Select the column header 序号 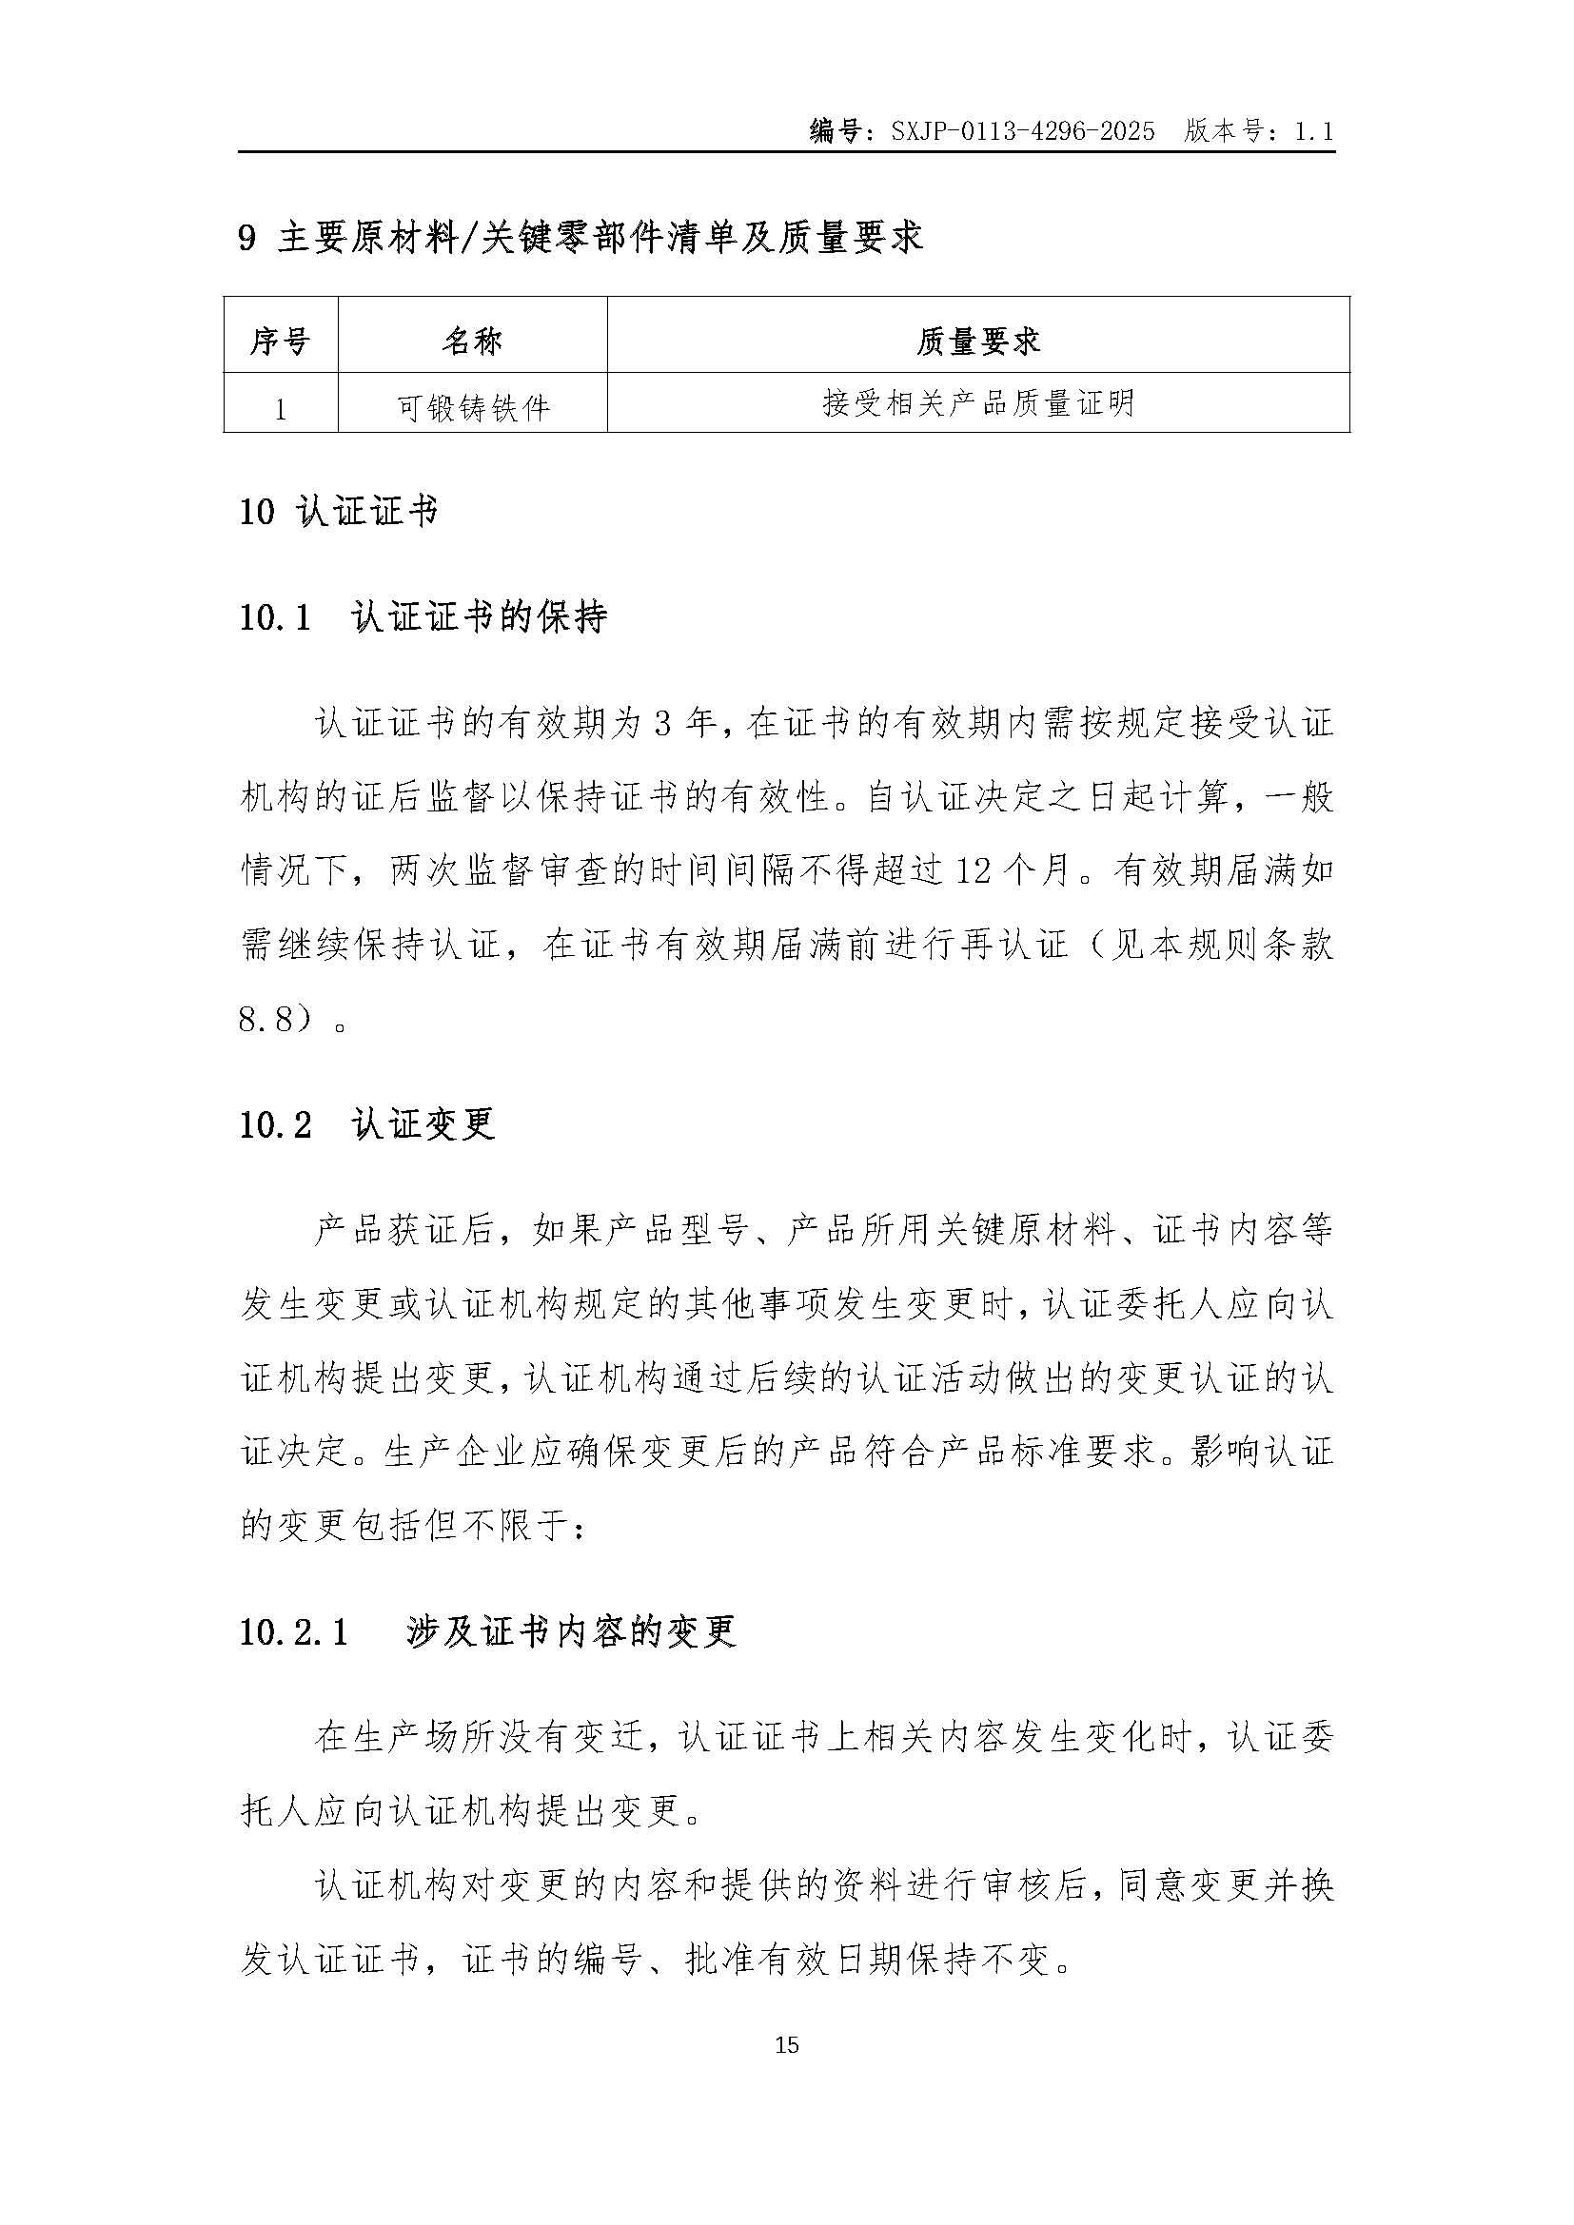[280, 342]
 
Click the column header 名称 [472, 342]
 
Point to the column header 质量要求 [977, 342]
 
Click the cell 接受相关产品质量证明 [977, 403]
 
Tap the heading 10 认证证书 [338, 512]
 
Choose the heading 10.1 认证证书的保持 [423, 617]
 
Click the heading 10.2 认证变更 [367, 1125]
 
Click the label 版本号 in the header [1223, 131]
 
